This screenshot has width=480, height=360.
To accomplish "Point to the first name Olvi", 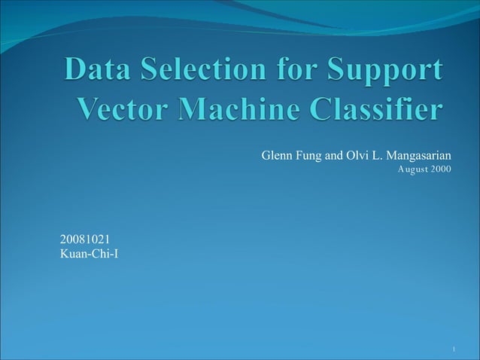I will coord(358,156).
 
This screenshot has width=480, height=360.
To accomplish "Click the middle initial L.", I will coord(378,156).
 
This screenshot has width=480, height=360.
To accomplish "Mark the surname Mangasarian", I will coord(418,157).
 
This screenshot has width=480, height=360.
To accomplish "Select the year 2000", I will coord(442,169).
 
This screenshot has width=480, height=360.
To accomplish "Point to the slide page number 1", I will coord(455,349).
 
